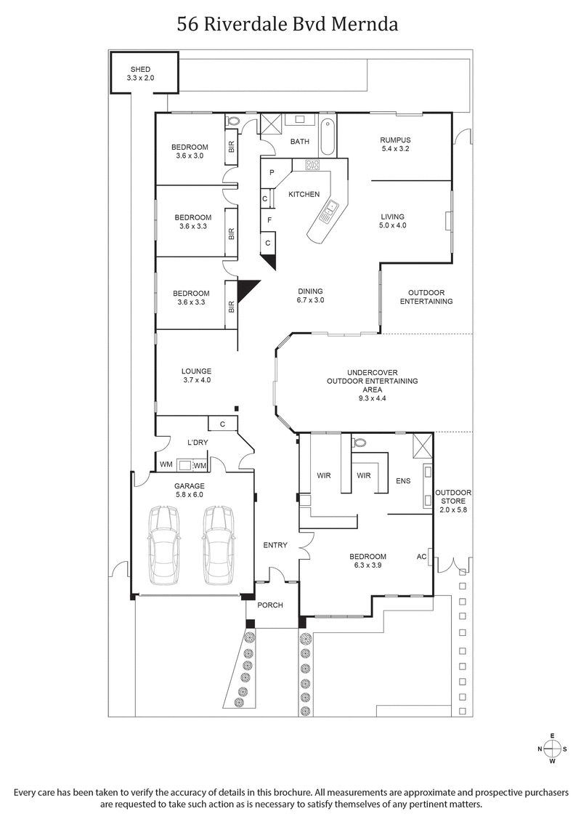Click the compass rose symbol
tap(552, 749)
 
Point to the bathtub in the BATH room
tap(328, 136)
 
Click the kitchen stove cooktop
tap(313, 165)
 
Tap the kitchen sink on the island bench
tap(328, 211)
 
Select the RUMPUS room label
tap(396, 140)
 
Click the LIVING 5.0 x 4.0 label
tap(392, 221)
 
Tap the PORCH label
tap(270, 605)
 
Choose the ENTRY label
tap(275, 545)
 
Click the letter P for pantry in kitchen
tap(271, 173)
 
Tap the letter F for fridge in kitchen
tap(269, 219)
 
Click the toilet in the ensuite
tap(359, 442)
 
